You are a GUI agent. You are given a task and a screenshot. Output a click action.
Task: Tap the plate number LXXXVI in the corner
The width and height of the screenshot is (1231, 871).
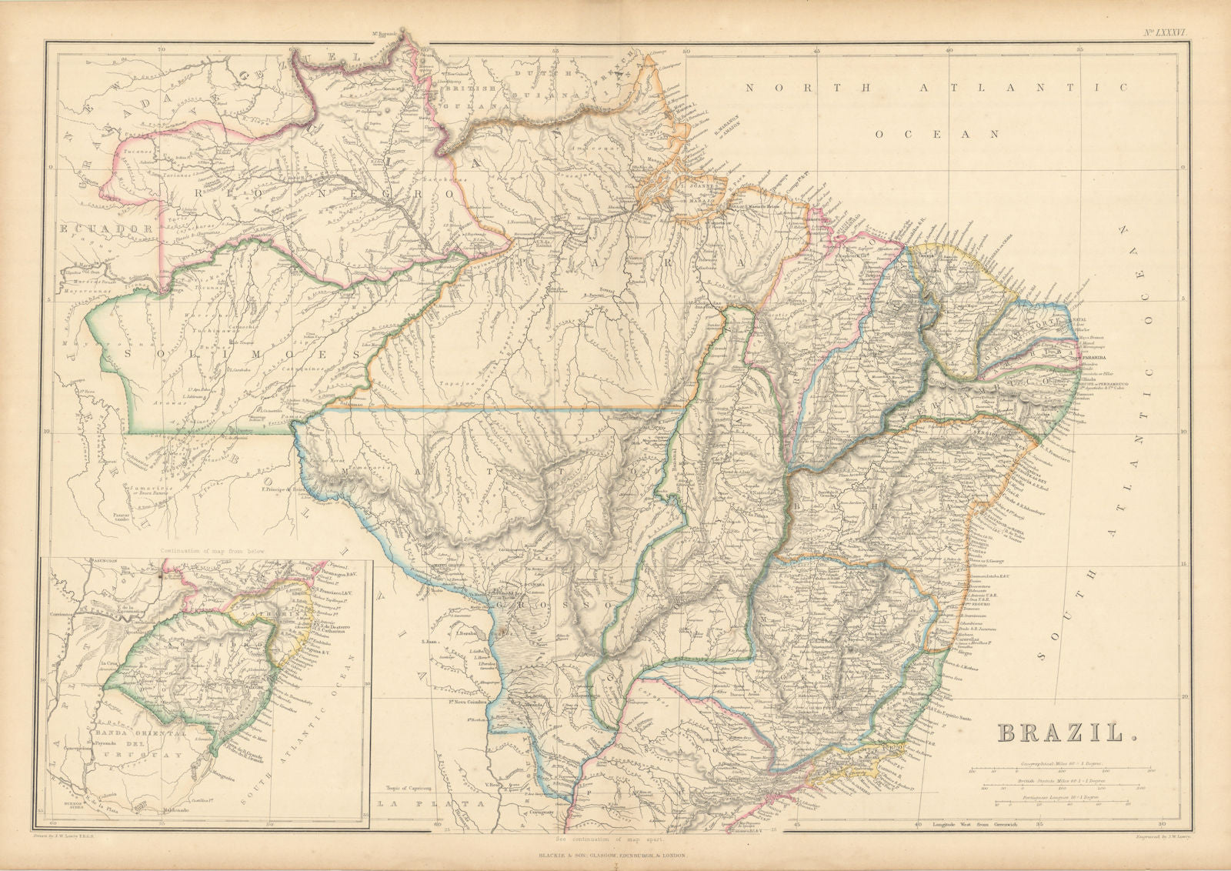pyautogui.click(x=1165, y=32)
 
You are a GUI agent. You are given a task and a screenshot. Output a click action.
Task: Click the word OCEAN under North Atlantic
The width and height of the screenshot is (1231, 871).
pyautogui.click(x=936, y=134)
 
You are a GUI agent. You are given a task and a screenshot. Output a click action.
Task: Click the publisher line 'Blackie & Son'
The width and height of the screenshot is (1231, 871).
pyautogui.click(x=615, y=855)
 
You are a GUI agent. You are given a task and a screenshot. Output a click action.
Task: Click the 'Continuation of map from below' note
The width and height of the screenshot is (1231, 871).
pyautogui.click(x=206, y=551)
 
